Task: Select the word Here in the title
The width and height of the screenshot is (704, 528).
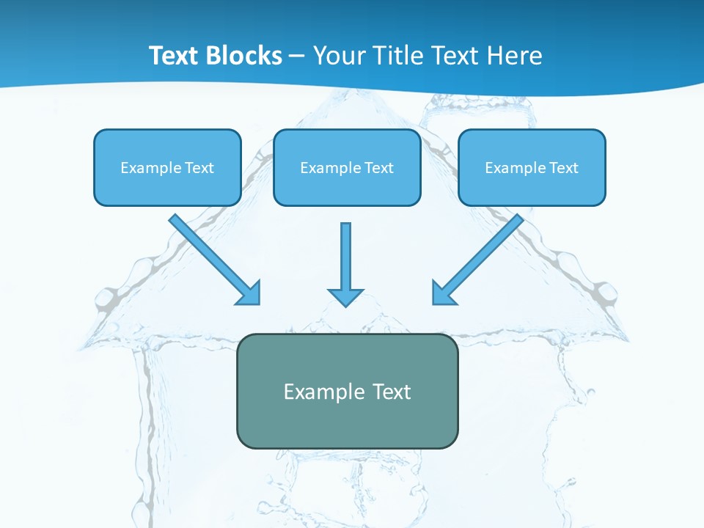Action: click(515, 56)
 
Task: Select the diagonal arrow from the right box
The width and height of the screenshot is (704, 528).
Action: click(483, 254)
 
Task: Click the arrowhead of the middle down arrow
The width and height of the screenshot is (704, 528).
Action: click(345, 296)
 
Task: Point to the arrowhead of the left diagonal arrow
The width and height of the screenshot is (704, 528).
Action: click(249, 294)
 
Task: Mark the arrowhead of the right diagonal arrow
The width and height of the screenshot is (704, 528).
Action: click(442, 293)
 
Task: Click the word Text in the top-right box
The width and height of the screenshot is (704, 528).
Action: click(563, 168)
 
